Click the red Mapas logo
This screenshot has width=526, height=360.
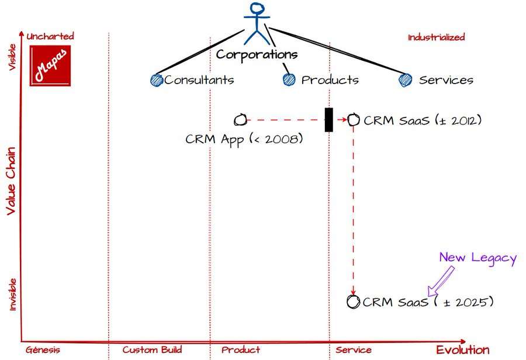[50, 66]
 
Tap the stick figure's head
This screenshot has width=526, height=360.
[257, 10]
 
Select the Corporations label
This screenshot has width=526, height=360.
[257, 55]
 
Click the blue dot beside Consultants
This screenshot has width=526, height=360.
[156, 80]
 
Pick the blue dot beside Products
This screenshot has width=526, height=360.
[289, 79]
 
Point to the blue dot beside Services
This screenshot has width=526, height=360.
[405, 80]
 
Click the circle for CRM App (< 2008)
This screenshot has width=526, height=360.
[240, 120]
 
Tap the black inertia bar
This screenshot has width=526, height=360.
[328, 120]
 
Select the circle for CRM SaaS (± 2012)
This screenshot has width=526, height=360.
[353, 120]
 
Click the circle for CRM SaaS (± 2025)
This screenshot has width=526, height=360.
[353, 302]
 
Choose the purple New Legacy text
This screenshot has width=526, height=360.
[477, 258]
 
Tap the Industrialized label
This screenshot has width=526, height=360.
[436, 37]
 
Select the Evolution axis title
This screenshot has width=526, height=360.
[462, 350]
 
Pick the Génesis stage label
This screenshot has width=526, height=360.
[43, 350]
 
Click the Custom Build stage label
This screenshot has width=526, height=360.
[152, 350]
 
